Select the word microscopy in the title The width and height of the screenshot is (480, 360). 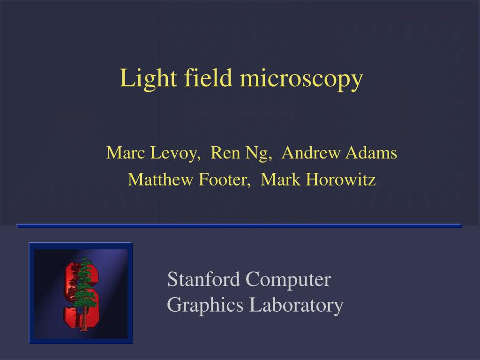pyautogui.click(x=301, y=79)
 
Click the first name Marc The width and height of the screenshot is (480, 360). pyautogui.click(x=124, y=153)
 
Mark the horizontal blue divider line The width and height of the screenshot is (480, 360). pyautogui.click(x=239, y=225)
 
